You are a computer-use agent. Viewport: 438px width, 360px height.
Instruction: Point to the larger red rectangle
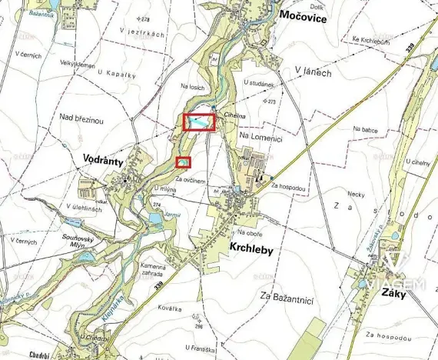pyautogui.click(x=199, y=122)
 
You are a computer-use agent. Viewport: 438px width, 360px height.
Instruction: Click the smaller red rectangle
pyautogui.click(x=183, y=162)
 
